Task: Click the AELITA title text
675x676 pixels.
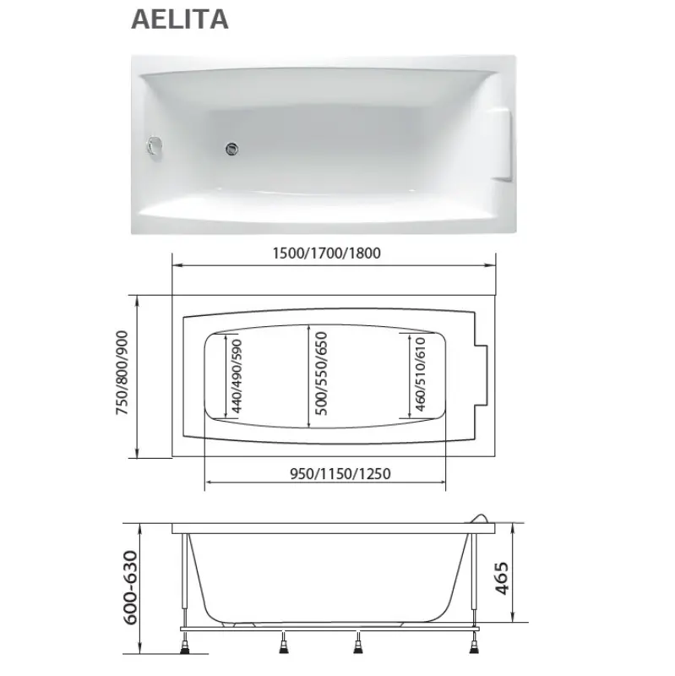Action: tap(180, 19)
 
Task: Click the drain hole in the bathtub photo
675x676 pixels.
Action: tap(231, 150)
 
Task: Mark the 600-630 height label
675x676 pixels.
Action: tap(129, 591)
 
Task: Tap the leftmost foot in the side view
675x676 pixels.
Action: tap(182, 649)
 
